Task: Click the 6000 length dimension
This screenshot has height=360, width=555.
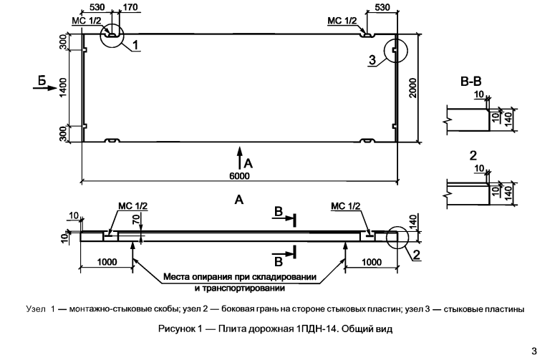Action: (x=239, y=176)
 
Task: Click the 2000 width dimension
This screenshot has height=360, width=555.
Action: (x=413, y=88)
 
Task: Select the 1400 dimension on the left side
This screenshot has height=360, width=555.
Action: (x=63, y=88)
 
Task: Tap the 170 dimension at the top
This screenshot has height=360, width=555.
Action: (x=130, y=7)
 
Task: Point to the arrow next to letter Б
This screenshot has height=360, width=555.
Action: (x=44, y=87)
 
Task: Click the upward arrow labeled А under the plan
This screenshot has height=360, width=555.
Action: (x=240, y=157)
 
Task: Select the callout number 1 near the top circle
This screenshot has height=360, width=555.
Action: (x=135, y=45)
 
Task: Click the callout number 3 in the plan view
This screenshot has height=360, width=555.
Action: (x=372, y=60)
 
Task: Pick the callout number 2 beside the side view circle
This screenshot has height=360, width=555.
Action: (x=417, y=255)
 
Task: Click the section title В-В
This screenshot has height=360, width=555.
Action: (x=470, y=82)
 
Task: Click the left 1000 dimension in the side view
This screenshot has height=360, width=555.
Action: (x=107, y=262)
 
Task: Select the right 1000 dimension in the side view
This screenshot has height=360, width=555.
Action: (x=372, y=262)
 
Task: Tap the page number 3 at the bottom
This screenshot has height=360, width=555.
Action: (x=534, y=351)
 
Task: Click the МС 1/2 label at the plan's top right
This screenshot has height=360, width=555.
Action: (x=342, y=21)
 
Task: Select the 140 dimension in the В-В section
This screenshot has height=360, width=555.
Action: (x=508, y=120)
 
